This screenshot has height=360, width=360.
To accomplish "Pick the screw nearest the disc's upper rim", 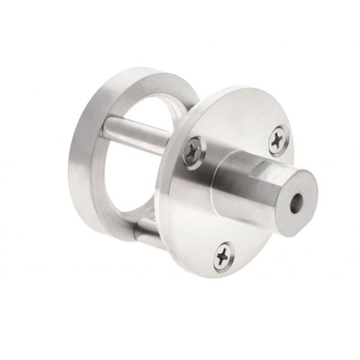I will tap(278, 140).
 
